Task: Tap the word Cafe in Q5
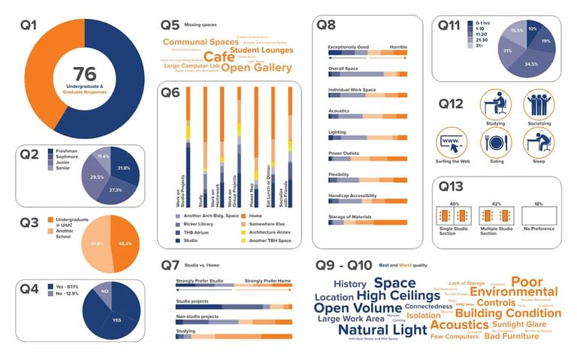(219, 56)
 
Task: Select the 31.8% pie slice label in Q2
(124, 168)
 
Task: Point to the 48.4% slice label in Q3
(125, 244)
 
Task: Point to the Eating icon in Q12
(496, 142)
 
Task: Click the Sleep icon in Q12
(538, 142)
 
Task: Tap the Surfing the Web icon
(452, 142)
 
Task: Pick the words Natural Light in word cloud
(382, 329)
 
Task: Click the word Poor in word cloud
(527, 281)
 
